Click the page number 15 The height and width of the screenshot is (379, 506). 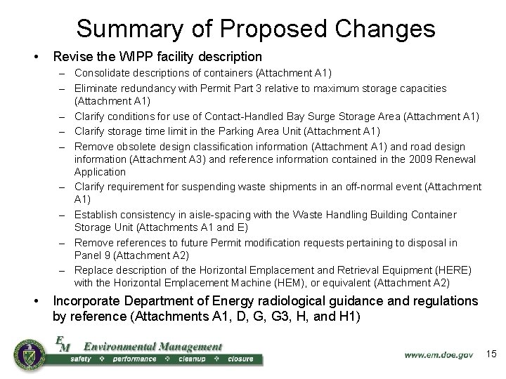point(491,354)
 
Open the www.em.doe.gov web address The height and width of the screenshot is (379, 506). point(438,354)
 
